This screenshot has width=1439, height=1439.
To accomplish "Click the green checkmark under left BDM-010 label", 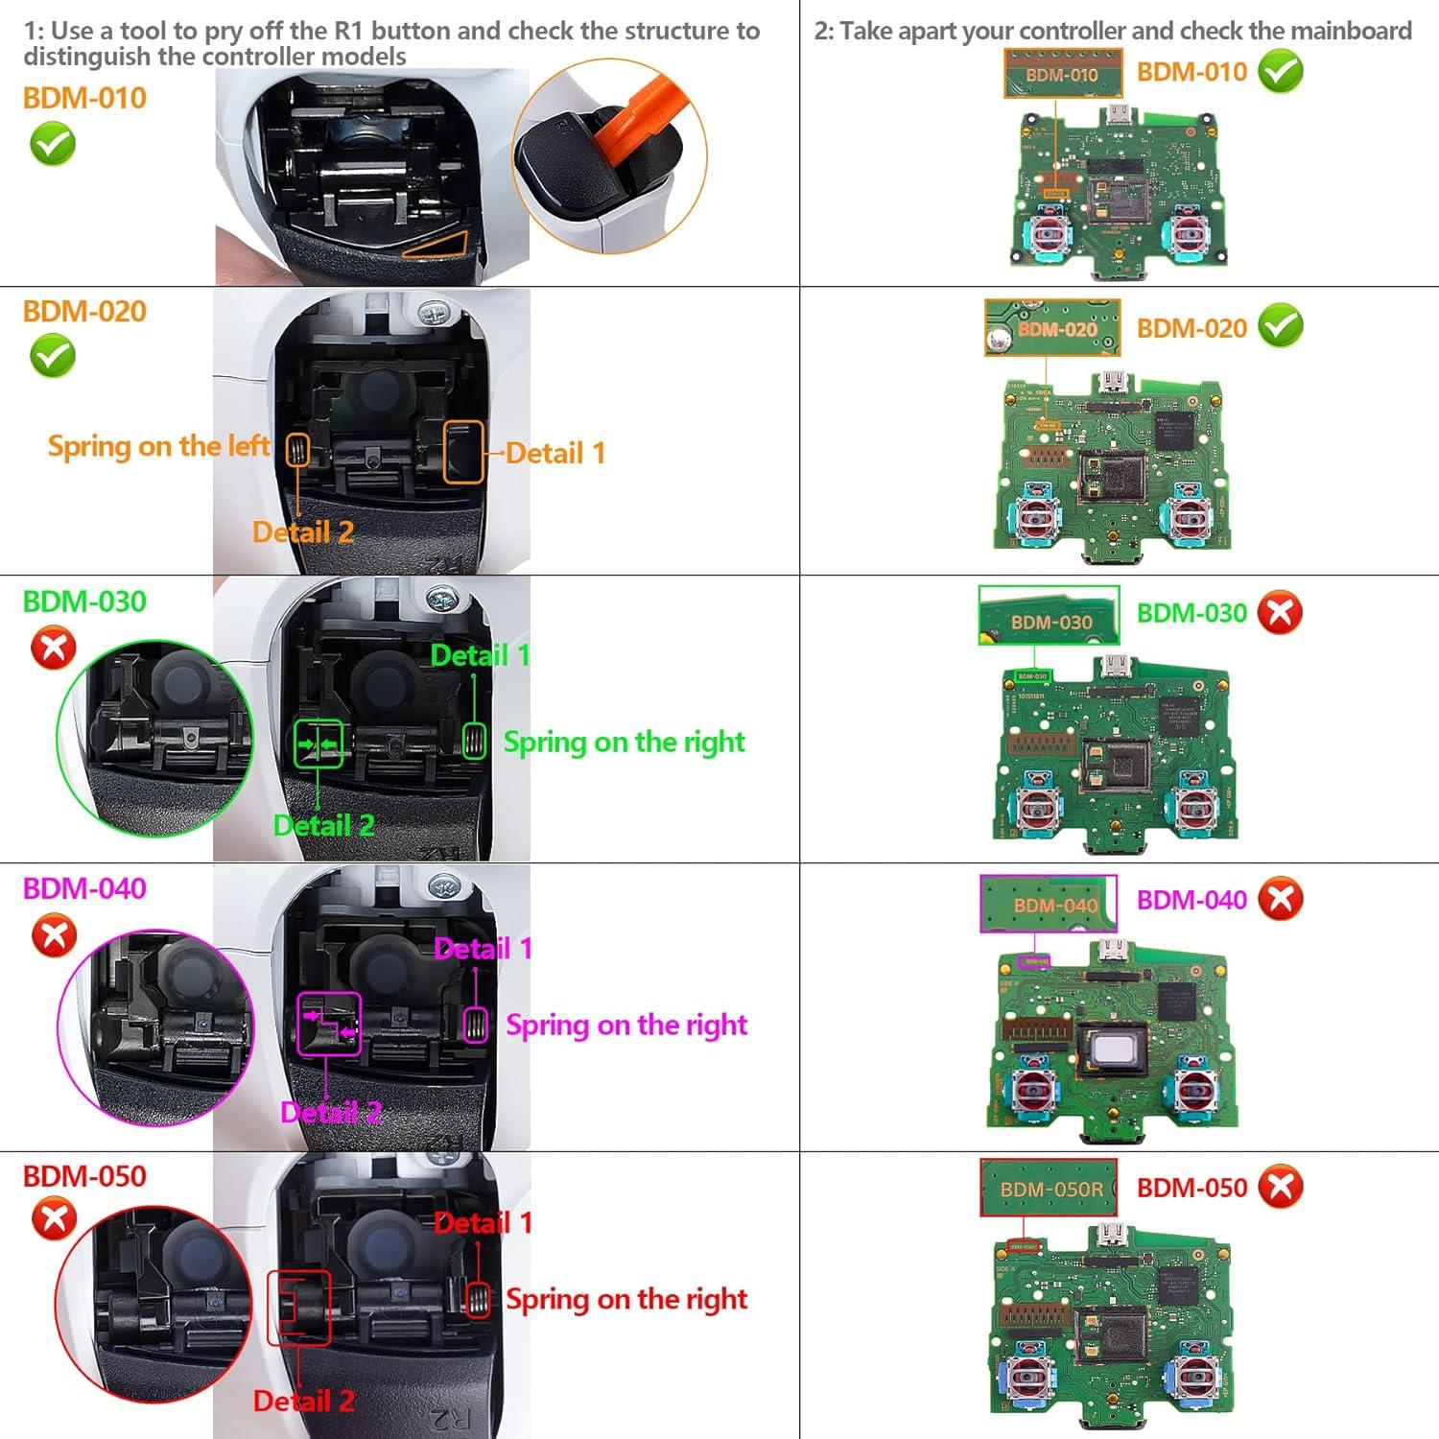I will coord(53,146).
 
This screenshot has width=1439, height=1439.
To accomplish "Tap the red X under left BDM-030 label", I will coord(54,648).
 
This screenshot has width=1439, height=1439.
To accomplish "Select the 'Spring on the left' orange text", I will coord(158,446).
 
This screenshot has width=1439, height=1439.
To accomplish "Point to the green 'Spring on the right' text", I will coord(624,742).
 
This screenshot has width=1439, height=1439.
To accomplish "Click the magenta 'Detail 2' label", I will coord(331,1112).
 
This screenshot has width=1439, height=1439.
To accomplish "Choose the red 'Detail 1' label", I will coord(483,1223).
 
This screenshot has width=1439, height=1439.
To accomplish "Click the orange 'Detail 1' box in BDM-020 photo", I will coord(462,452).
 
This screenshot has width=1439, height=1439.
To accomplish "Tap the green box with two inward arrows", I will coord(318,743).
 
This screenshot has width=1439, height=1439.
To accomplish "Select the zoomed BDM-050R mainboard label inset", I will coord(1050,1188).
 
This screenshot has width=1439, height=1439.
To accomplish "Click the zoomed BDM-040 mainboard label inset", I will coord(1049,904).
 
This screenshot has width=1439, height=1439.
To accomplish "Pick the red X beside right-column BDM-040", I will coord(1281,900).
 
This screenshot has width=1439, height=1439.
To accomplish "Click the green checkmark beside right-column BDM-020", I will coord(1281,327).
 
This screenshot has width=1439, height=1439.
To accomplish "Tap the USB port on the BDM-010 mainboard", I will coord(1117,116).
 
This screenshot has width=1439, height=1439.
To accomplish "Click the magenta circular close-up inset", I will coord(155,1026).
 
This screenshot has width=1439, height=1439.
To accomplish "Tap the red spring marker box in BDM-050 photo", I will coord(477,1300).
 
